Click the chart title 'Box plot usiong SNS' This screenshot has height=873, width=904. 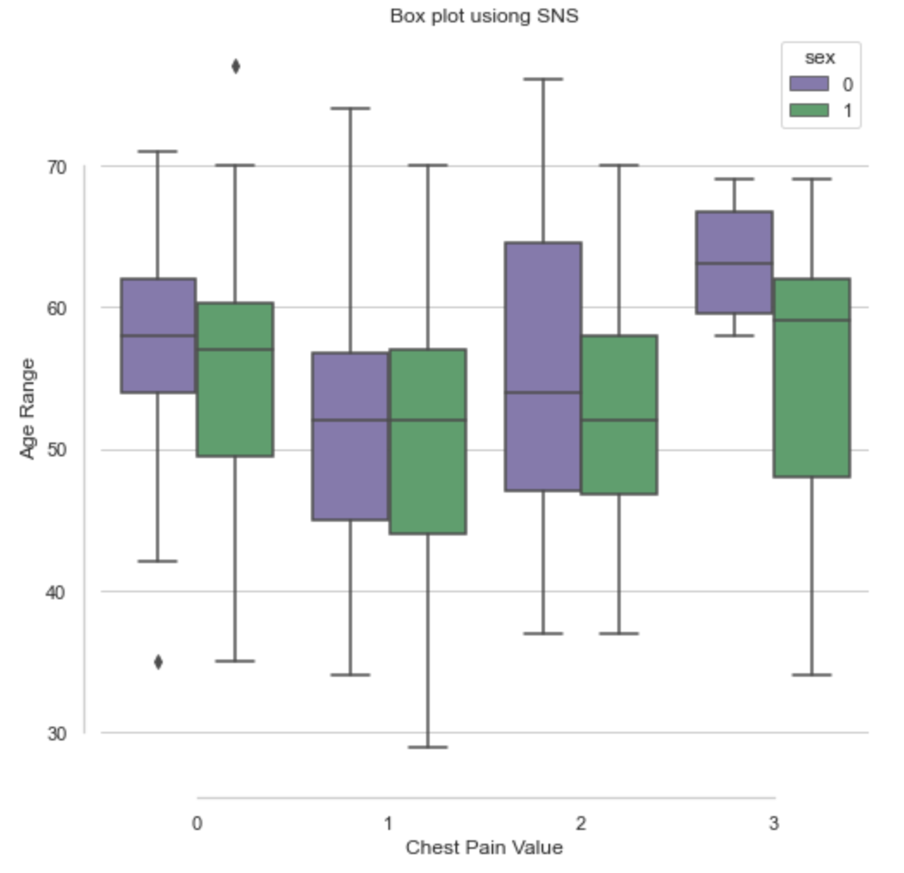[x=483, y=16]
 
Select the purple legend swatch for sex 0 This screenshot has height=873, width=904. [x=808, y=84]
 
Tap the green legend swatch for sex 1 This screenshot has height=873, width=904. [x=808, y=110]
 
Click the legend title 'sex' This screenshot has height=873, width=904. [x=820, y=58]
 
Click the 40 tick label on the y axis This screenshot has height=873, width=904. [x=54, y=591]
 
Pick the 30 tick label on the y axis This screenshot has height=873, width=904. [x=54, y=733]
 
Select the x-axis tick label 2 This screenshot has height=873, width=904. [x=580, y=824]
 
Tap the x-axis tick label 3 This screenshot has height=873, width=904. [x=773, y=824]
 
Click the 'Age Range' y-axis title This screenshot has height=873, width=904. [x=28, y=409]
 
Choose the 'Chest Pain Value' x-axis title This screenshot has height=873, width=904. [x=484, y=848]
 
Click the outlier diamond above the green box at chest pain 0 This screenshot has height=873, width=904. [x=235, y=66]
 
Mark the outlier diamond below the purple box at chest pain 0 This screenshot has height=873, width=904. [x=158, y=662]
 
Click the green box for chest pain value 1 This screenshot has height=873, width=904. [x=428, y=441]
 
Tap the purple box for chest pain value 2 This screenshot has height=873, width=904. [x=542, y=366]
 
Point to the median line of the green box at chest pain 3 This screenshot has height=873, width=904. [x=812, y=320]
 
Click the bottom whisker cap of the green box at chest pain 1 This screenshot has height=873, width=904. [x=428, y=746]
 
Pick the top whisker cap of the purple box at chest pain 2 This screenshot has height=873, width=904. [x=542, y=78]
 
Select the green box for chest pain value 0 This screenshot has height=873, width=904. [x=235, y=379]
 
